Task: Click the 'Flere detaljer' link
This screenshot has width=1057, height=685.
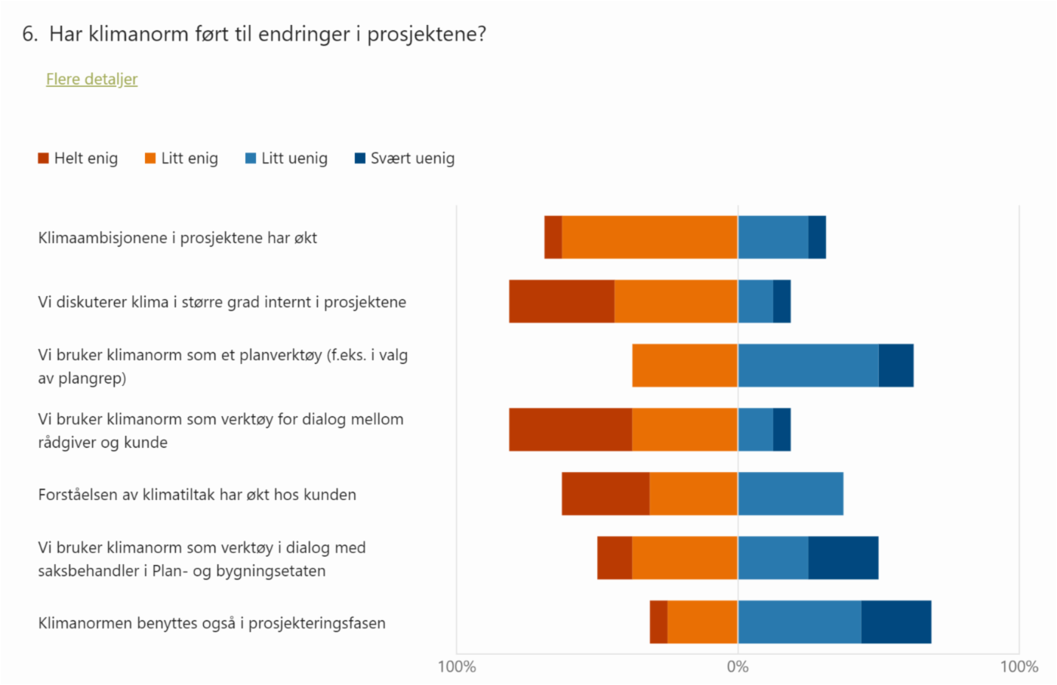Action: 91,79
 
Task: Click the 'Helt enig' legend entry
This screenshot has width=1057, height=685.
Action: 79,159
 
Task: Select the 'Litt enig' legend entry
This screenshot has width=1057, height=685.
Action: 182,159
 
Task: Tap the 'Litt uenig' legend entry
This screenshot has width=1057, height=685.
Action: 287,159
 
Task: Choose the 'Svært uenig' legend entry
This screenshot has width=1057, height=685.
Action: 405,159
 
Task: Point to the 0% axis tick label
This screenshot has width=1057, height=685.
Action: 738,667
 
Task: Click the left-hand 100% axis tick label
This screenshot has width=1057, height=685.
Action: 457,667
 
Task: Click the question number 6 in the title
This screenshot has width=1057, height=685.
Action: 29,34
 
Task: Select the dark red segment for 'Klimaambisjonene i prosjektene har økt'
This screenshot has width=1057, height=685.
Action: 553,237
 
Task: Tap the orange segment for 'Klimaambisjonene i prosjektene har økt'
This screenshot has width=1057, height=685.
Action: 649,237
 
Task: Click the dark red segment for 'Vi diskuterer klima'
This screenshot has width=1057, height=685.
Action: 561,301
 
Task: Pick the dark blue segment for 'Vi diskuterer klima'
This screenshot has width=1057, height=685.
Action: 781,301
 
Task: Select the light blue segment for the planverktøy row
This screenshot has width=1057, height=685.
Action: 808,366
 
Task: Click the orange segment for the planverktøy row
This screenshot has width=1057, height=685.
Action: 685,366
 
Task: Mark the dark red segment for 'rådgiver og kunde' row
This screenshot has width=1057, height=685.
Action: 570,430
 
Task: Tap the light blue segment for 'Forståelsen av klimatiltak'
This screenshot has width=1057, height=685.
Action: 790,494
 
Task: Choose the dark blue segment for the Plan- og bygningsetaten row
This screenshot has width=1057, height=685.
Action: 843,558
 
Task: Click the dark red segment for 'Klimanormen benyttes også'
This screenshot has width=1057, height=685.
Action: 658,622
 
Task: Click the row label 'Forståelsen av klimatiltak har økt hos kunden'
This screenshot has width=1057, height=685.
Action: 197,495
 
